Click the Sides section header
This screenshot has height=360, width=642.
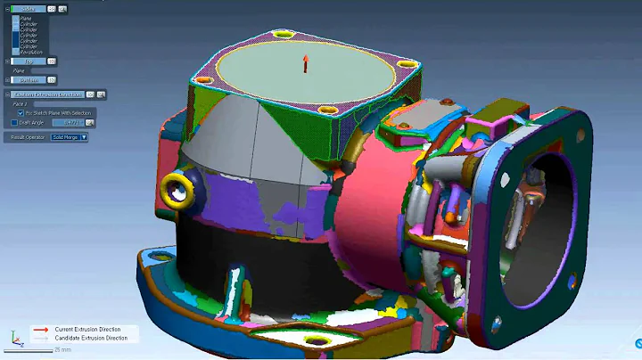(28, 8)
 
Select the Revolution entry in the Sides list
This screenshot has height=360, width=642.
(31, 52)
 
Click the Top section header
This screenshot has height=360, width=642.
(28, 61)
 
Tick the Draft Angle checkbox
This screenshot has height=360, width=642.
(13, 123)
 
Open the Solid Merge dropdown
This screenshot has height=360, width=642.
(70, 137)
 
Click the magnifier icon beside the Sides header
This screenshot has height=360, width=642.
(62, 8)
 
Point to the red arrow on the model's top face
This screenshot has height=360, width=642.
(305, 63)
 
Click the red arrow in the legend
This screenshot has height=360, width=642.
(41, 330)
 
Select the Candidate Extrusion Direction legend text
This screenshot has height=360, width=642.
(91, 338)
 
